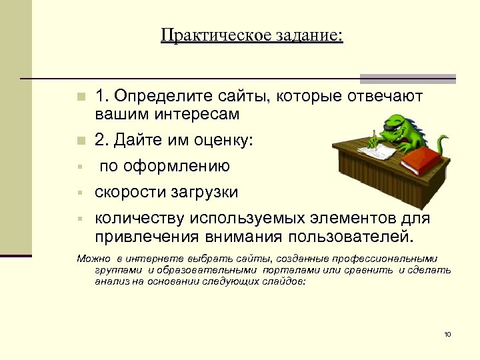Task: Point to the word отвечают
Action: pyautogui.click(x=384, y=97)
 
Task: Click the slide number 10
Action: pyautogui.click(x=447, y=333)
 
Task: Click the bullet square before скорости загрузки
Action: pyautogui.click(x=78, y=193)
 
